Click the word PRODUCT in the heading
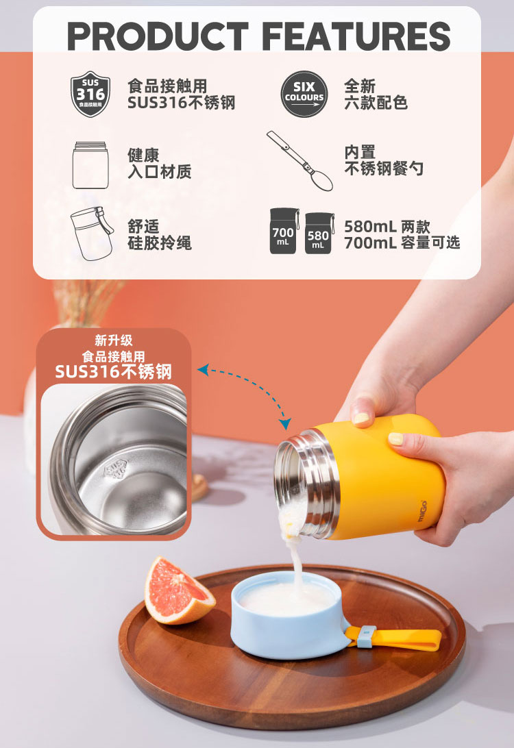(158, 36)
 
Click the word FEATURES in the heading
(356, 36)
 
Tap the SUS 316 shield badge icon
(90, 94)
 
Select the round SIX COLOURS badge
(304, 94)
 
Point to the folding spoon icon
(299, 161)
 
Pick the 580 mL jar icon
(319, 234)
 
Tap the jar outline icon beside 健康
(90, 165)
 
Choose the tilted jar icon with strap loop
(92, 234)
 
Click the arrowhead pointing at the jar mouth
(285, 423)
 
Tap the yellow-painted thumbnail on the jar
(363, 419)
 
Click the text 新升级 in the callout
(114, 340)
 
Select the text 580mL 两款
(387, 226)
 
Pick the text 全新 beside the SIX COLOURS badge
(359, 86)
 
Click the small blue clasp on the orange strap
(366, 637)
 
